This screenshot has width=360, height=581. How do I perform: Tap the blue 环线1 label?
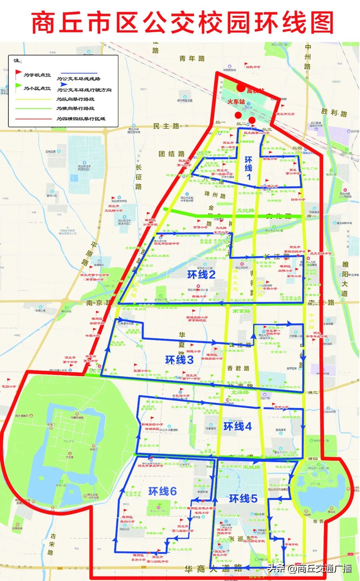point(248,168)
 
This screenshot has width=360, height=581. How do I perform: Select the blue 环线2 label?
point(201,275)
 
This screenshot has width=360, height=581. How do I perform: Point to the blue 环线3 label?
point(179,360)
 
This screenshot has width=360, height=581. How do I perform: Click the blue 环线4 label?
point(237,426)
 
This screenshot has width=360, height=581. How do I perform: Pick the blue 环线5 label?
point(243,499)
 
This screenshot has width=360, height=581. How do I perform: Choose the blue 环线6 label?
point(162,491)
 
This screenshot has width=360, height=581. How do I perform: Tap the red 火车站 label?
point(236,102)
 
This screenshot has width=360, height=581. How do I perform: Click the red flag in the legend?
point(18,74)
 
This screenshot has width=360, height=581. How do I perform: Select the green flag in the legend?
point(18,87)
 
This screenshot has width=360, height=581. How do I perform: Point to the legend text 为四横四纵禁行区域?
point(81,119)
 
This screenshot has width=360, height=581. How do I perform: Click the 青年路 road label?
point(192,59)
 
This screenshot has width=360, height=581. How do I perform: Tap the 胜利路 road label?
point(334,113)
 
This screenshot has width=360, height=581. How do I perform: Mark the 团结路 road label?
point(171,154)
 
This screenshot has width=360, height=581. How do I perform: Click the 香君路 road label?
point(238,368)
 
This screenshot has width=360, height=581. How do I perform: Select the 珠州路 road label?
point(215,195)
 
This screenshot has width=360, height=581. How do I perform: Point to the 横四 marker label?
point(312,459)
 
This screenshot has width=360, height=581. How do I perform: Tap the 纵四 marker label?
point(297,148)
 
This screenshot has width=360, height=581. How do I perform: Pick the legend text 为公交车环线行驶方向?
point(84,90)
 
